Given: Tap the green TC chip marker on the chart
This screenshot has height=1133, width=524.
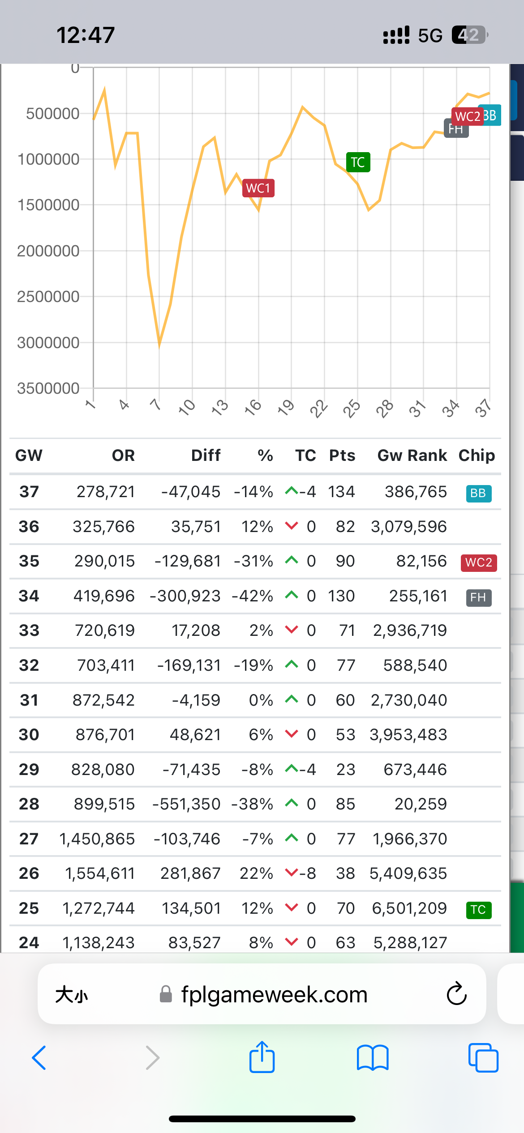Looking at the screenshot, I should click(358, 162).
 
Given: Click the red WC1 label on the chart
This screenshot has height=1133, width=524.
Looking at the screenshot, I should click(258, 188).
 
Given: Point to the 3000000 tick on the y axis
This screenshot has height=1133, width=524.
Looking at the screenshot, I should click(48, 343).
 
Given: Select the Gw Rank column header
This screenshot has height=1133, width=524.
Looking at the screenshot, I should click(412, 456).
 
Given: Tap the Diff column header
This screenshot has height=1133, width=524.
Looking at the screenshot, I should click(206, 456).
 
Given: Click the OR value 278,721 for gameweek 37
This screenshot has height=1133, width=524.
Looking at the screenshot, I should click(106, 492).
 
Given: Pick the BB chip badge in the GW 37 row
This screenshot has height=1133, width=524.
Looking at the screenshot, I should click(478, 493).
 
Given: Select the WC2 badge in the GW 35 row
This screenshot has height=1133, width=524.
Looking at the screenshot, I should click(478, 562).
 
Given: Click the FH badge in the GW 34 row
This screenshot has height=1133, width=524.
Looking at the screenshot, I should click(478, 597).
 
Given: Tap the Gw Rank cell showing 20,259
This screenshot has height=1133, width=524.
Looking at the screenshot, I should click(421, 804).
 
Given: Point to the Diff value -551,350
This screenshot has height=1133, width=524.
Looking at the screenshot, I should click(186, 804).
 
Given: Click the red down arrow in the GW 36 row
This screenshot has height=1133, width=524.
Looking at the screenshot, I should click(292, 526).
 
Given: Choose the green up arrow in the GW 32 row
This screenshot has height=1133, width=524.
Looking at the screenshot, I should click(292, 664).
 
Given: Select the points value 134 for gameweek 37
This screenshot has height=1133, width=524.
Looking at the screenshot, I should click(341, 492).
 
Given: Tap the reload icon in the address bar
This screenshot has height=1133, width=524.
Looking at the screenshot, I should click(457, 994).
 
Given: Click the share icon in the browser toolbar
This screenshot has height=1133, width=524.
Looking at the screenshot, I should click(262, 1057).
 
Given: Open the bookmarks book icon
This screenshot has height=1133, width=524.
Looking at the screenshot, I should click(373, 1057).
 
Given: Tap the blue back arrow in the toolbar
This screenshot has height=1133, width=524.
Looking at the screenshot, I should click(39, 1057).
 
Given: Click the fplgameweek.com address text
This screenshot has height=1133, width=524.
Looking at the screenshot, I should click(274, 994).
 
